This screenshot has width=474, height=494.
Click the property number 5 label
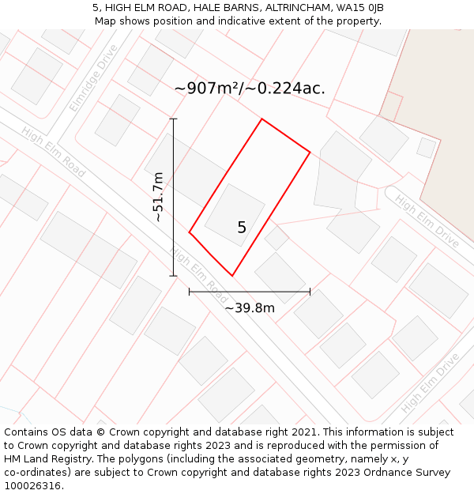click(x=242, y=228)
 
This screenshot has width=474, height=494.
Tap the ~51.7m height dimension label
click(x=158, y=197)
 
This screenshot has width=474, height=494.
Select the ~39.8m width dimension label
click(x=250, y=307)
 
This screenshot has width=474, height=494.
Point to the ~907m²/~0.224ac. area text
click(x=250, y=89)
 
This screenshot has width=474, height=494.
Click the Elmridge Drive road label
click(x=93, y=77)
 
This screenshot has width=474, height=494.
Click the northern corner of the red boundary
click(x=261, y=119)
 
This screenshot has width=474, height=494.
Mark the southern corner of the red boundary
click(x=232, y=276)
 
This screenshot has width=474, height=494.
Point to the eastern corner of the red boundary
click(x=310, y=152)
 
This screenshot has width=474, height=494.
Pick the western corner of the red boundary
click(x=190, y=232)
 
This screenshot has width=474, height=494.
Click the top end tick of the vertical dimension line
click(x=174, y=119)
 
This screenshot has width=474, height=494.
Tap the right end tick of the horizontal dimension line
click(x=310, y=292)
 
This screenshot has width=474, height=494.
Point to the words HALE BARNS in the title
click(x=215, y=7)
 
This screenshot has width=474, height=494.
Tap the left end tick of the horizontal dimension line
click(x=190, y=292)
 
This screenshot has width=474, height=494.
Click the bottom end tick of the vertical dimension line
click(x=174, y=276)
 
